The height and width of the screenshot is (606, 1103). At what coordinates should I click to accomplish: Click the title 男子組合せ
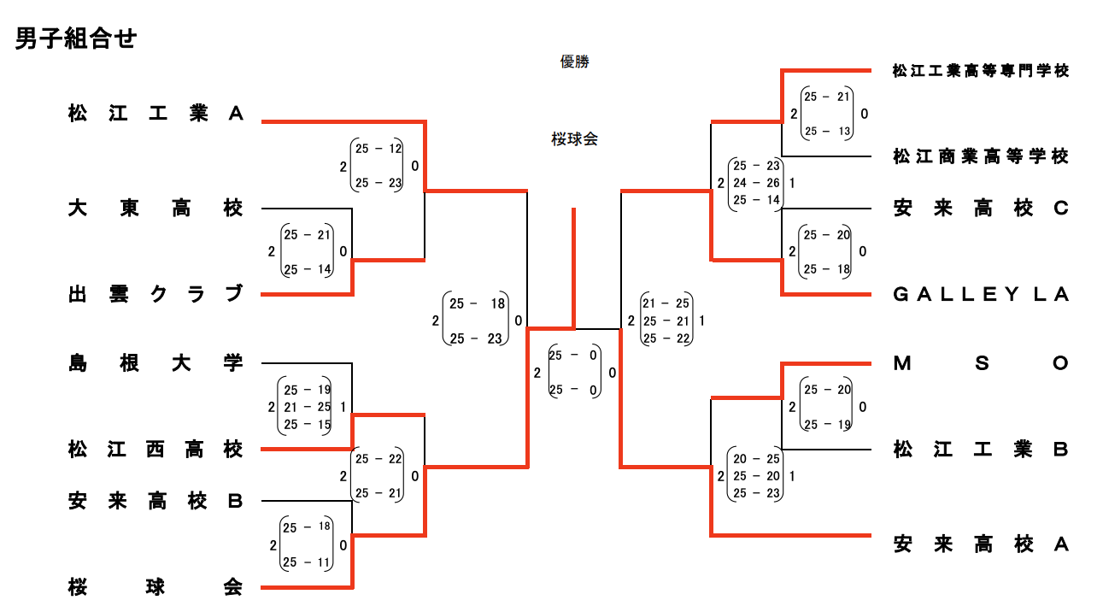pyautogui.click(x=75, y=39)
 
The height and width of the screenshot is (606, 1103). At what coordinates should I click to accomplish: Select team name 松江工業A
pyautogui.click(x=155, y=114)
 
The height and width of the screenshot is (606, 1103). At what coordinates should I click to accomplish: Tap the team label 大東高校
pyautogui.click(x=155, y=208)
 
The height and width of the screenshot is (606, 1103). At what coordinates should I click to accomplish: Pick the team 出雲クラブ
pyautogui.click(x=155, y=294)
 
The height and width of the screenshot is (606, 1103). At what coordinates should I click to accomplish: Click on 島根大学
pyautogui.click(x=155, y=363)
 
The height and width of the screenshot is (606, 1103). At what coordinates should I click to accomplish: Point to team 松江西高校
pyautogui.click(x=155, y=449)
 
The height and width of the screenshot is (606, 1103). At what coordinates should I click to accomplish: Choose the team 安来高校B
pyautogui.click(x=155, y=501)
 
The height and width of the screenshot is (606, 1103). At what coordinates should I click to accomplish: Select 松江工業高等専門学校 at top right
pyautogui.click(x=980, y=70)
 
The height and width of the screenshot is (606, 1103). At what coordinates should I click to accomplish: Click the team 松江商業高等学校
pyautogui.click(x=980, y=156)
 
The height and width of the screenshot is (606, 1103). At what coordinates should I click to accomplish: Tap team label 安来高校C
pyautogui.click(x=980, y=208)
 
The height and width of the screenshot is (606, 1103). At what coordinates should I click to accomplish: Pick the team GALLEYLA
pyautogui.click(x=980, y=294)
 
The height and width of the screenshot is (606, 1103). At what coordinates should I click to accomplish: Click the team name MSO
pyautogui.click(x=980, y=363)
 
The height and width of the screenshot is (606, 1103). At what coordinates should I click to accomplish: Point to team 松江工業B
pyautogui.click(x=980, y=449)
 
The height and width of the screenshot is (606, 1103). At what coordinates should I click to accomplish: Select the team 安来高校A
pyautogui.click(x=980, y=544)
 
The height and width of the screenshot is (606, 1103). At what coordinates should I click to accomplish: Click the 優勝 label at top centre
pyautogui.click(x=574, y=62)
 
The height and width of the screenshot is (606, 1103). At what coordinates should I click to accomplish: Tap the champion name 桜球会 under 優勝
pyautogui.click(x=574, y=139)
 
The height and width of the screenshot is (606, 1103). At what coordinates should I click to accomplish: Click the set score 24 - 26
pyautogui.click(x=757, y=183)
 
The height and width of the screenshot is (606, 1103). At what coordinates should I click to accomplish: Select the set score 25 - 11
pyautogui.click(x=307, y=562)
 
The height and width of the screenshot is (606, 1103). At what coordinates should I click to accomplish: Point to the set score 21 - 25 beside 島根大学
pyautogui.click(x=307, y=407)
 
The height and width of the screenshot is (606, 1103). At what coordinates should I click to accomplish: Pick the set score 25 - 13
pyautogui.click(x=827, y=131)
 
